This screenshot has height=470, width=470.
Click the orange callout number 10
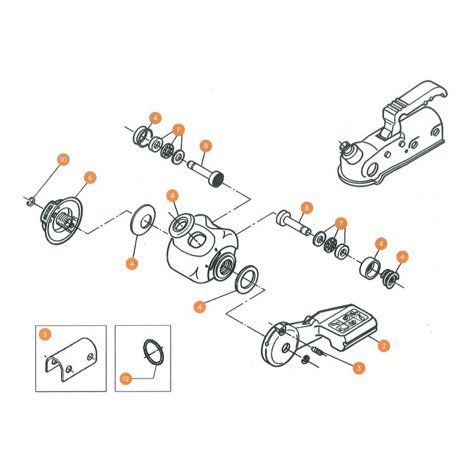63,160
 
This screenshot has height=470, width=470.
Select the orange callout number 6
90,177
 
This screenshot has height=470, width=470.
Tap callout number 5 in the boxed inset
45,335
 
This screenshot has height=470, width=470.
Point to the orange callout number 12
125,378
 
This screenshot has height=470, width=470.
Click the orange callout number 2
384,346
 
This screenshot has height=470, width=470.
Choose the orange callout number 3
359,368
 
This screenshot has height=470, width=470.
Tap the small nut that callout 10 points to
30,202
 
